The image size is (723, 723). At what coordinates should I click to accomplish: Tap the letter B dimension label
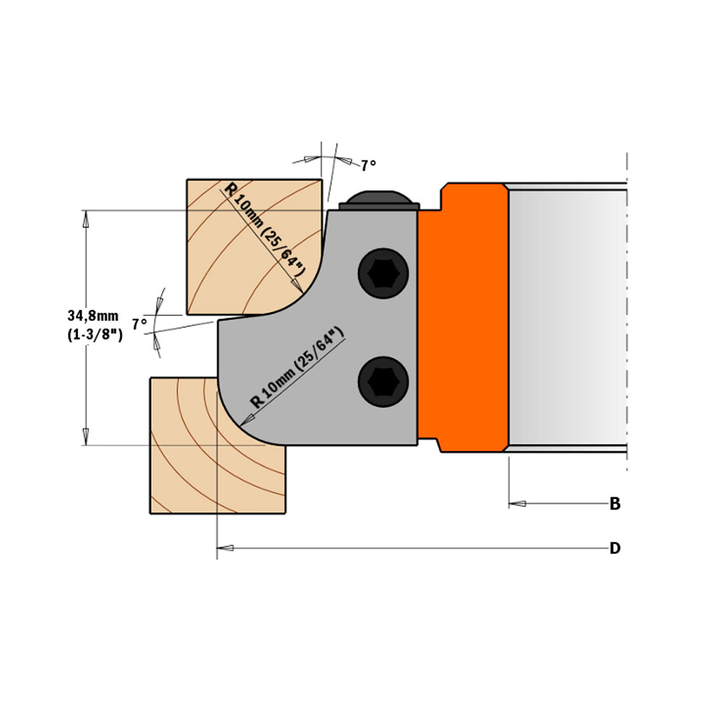(x=615, y=504)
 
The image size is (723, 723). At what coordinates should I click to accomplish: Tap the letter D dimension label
(x=615, y=549)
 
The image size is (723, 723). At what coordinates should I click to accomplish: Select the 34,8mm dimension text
(x=93, y=316)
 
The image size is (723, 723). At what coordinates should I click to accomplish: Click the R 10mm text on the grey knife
(x=297, y=369)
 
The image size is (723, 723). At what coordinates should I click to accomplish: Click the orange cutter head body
(x=463, y=318)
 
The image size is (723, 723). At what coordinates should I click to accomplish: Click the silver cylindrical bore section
(x=568, y=318)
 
